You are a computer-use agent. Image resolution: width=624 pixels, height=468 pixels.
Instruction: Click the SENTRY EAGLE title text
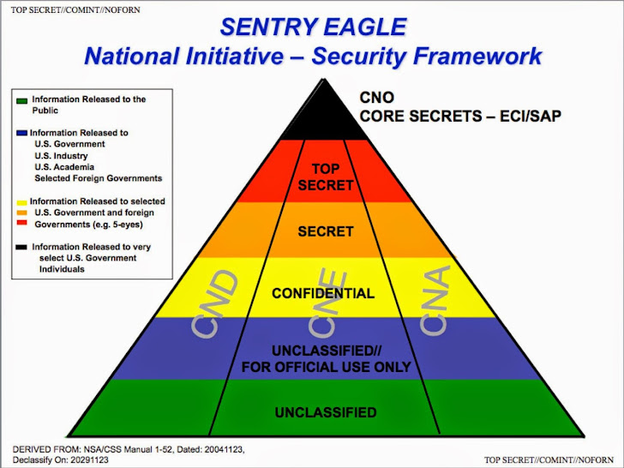[312, 26]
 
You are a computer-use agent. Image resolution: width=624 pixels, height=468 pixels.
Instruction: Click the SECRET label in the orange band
[325, 231]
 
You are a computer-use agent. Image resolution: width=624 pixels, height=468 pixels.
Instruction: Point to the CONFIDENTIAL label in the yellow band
[323, 293]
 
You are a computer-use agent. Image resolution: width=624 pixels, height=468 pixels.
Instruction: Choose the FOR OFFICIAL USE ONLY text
[326, 367]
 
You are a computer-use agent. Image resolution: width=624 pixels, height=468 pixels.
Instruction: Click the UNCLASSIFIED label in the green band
[326, 412]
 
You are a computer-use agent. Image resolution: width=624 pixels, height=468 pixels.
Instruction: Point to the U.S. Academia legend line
[64, 167]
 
